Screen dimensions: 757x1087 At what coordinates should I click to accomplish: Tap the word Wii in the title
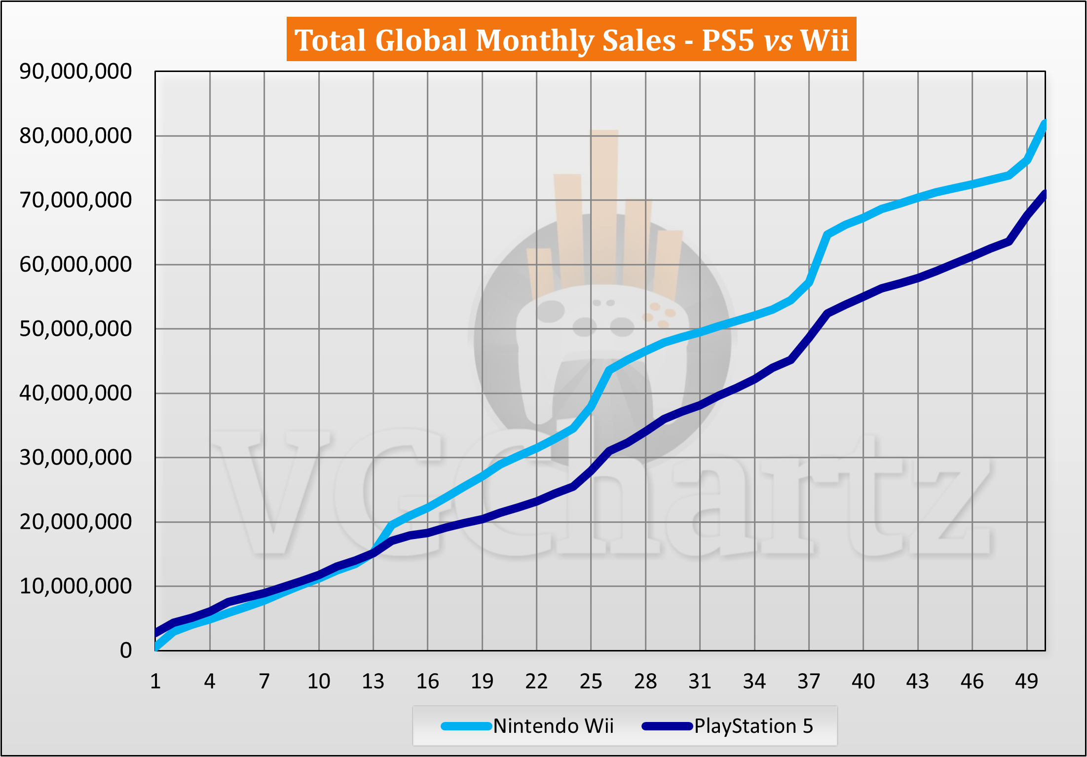pyautogui.click(x=824, y=40)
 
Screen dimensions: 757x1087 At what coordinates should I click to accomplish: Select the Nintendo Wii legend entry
pyautogui.click(x=553, y=726)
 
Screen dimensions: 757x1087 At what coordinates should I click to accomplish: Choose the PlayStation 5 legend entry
pyautogui.click(x=753, y=726)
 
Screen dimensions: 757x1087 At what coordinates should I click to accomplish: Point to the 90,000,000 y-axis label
pyautogui.click(x=75, y=72)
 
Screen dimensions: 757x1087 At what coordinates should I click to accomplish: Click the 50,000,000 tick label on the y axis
pyautogui.click(x=75, y=328)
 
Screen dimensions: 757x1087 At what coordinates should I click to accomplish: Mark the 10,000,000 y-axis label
pyautogui.click(x=75, y=586)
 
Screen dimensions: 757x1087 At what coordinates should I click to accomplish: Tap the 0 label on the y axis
pyautogui.click(x=126, y=650)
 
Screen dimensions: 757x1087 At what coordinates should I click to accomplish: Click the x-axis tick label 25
pyautogui.click(x=591, y=681)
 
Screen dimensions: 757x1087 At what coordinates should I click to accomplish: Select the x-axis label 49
pyautogui.click(x=1026, y=681)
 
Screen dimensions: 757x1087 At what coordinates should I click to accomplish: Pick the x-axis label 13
pyautogui.click(x=373, y=681)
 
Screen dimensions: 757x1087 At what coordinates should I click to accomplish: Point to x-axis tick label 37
pyautogui.click(x=809, y=681)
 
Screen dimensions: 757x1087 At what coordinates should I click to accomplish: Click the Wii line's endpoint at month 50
pyautogui.click(x=1044, y=123)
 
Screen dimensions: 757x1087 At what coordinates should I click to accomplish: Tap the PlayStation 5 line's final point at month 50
pyautogui.click(x=1044, y=194)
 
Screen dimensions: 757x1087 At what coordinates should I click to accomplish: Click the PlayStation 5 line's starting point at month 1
pyautogui.click(x=156, y=633)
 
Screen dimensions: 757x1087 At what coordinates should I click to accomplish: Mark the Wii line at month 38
pyautogui.click(x=827, y=235)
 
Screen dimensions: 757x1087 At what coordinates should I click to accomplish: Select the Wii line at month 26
pyautogui.click(x=609, y=370)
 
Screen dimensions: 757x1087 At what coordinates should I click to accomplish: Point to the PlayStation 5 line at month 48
pyautogui.click(x=1009, y=242)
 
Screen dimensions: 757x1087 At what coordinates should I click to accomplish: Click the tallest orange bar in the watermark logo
pyautogui.click(x=604, y=207)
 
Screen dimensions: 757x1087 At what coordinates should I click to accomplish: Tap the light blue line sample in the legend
pyautogui.click(x=466, y=726)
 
